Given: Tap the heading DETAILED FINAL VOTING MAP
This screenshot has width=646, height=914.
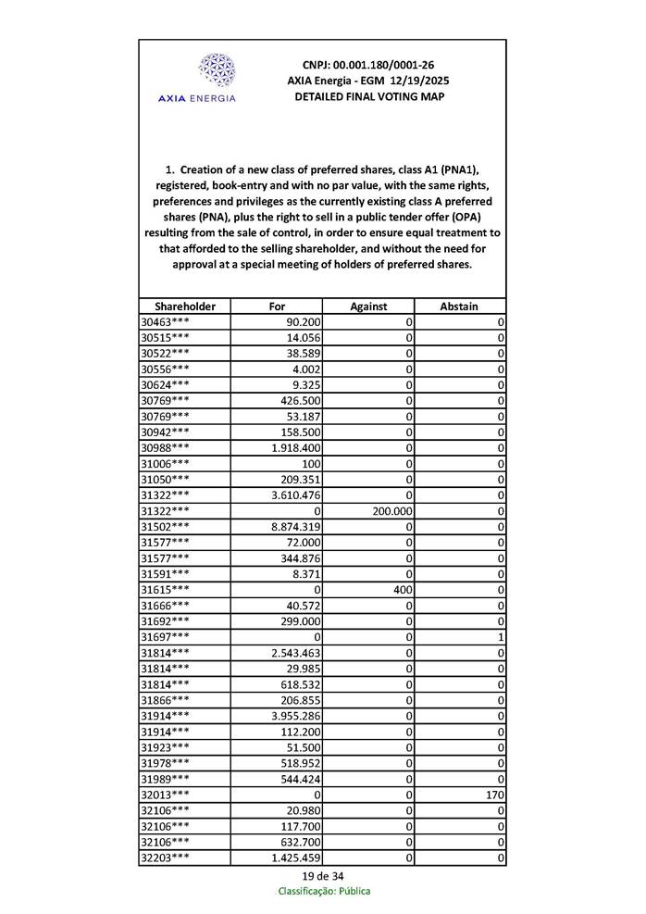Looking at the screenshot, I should coord(368,96).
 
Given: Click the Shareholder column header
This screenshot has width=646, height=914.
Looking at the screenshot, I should coord(185,306).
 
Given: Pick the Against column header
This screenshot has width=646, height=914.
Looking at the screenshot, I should coord(368,306).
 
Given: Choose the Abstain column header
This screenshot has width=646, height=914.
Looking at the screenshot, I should coord(460,306).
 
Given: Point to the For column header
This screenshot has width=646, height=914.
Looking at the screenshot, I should coord(277,306).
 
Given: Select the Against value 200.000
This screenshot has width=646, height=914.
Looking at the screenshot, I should coord(391,510).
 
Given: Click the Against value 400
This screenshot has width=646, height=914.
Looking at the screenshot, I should coord(402,589).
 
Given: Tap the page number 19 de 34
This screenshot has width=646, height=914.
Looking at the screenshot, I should coord(323,875).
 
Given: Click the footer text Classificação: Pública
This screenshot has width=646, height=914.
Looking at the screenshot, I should coord(324,891).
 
